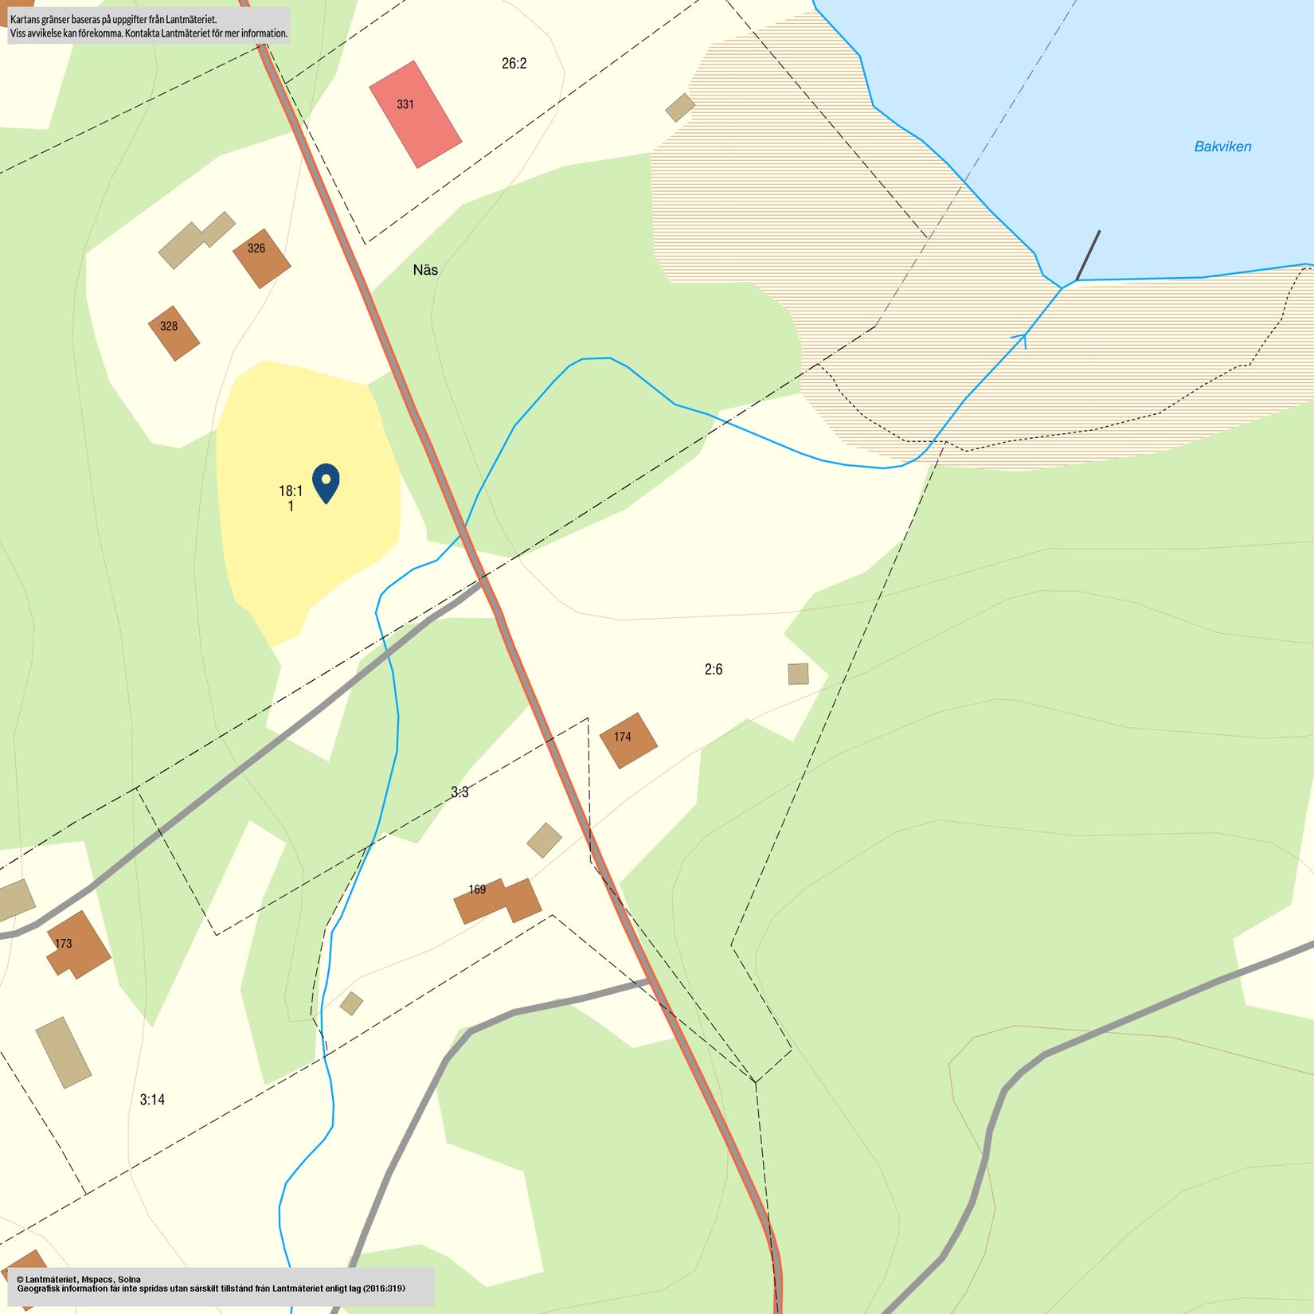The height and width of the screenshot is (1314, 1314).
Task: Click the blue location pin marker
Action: pos(326,481)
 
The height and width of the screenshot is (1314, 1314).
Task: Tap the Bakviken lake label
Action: pos(1222,147)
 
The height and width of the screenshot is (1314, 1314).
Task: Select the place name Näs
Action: pos(425,270)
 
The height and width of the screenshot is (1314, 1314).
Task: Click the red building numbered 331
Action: pos(415,115)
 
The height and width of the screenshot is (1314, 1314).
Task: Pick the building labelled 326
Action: pos(261,258)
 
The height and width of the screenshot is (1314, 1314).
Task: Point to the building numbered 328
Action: pos(174,333)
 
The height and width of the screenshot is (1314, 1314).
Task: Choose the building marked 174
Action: pos(628,741)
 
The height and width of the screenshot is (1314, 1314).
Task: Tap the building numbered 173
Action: pos(78,945)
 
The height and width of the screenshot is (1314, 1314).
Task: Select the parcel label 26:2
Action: pos(514,64)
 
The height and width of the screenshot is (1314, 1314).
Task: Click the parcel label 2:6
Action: pos(713,670)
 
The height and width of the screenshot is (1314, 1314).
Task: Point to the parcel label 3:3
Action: pos(460,792)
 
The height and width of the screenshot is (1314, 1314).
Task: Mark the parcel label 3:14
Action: pos(152,1100)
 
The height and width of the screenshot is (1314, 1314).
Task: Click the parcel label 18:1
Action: pos(291,491)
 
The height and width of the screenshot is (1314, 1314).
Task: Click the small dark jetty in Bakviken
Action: pos(1088,256)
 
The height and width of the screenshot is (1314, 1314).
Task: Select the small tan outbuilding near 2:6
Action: pos(798,674)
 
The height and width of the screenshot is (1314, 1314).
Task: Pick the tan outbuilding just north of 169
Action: pos(544,840)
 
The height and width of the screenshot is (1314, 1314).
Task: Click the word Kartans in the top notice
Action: pos(25,19)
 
